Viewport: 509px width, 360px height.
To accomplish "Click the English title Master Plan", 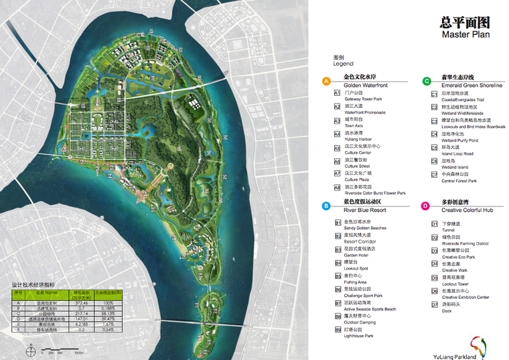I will point(465,34).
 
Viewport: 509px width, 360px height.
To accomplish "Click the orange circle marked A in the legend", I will point(326,81).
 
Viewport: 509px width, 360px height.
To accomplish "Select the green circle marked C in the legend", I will point(427,81).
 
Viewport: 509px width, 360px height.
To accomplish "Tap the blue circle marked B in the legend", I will point(326,206).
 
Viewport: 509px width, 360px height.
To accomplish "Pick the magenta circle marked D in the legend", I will point(426,206).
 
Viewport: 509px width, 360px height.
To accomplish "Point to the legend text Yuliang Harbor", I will point(358,139).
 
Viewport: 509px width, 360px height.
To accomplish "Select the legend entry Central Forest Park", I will point(459,180).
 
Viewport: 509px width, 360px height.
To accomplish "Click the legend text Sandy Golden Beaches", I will point(365,228).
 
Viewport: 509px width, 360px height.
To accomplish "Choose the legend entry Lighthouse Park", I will point(359,336).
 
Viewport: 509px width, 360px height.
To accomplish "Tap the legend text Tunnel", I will point(448,230).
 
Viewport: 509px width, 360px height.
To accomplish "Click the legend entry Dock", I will point(447,310).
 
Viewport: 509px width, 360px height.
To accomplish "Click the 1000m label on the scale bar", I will point(78,352).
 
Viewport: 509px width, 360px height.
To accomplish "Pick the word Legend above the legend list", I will point(343,64).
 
